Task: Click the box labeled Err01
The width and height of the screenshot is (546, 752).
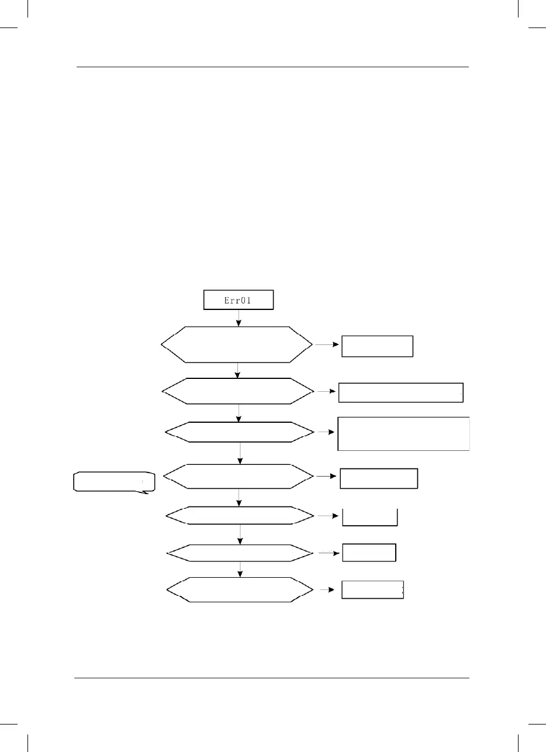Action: [238, 300]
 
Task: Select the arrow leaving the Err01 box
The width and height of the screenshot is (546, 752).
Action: [239, 318]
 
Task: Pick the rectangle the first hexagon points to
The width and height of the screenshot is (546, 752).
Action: [377, 346]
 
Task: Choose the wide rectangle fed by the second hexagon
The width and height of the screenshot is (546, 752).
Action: [400, 392]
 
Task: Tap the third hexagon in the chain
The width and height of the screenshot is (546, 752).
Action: [239, 432]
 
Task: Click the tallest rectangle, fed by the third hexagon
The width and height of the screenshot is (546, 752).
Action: [403, 433]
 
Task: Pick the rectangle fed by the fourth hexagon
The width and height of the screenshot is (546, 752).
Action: [379, 478]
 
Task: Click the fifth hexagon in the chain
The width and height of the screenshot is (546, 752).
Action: [239, 516]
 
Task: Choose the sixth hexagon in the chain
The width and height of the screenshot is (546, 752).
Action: [239, 552]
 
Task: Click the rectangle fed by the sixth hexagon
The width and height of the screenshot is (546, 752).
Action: [369, 553]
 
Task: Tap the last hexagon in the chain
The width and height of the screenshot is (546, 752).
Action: [239, 589]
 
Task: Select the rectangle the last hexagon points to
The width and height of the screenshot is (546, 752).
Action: [372, 590]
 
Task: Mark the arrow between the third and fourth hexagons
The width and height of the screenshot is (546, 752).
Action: [241, 453]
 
